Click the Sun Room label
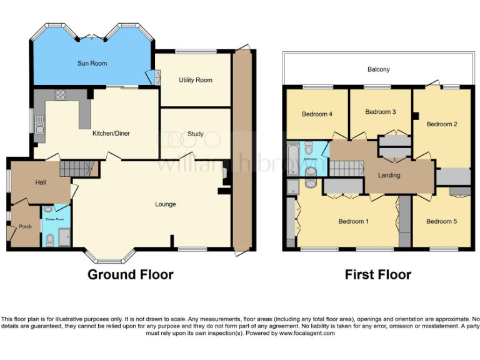pos(92,63)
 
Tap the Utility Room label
pos(195,80)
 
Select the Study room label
pos(195,134)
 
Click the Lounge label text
pos(166,204)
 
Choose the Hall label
pos(41,182)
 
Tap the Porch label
pos(25,226)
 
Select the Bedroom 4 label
pos(317,114)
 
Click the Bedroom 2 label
pos(442,124)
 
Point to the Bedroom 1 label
pos(354,221)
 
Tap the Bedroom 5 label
pos(442,221)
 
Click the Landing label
pos(389,175)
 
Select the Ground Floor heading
pos(130,274)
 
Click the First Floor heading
pos(377,274)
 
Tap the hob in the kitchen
pos(62,95)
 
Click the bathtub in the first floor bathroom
pos(292,152)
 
